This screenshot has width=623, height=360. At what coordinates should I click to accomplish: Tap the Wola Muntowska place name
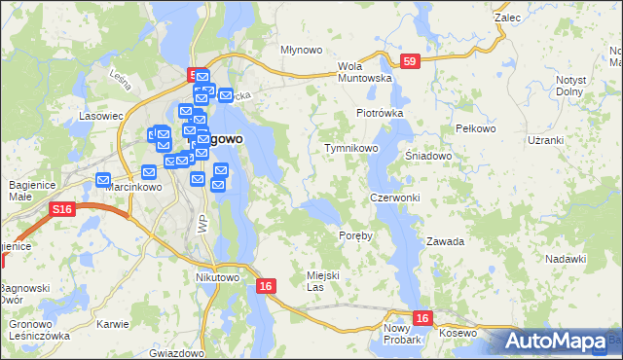point(364,72)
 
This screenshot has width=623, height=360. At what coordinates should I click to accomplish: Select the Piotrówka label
point(379,113)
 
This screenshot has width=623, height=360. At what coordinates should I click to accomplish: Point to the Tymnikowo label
point(350,148)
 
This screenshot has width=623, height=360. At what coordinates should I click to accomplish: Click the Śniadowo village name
point(429,155)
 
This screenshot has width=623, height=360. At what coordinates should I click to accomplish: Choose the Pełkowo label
point(476,128)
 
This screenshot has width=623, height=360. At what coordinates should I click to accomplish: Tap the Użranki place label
point(545,140)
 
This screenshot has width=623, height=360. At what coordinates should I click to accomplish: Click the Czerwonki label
point(395,198)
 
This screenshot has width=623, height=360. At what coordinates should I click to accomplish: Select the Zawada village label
point(445,240)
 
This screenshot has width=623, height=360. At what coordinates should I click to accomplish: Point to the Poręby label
point(355,237)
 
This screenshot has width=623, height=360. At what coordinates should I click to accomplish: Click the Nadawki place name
point(566,258)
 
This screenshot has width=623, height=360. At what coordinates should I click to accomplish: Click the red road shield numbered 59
point(411,61)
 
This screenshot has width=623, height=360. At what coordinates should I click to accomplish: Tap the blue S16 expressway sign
point(62,209)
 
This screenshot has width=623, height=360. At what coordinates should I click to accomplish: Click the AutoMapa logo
point(555,342)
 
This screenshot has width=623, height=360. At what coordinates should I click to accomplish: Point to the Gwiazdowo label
point(176,353)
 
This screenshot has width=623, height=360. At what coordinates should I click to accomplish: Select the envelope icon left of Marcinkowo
point(104,180)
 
